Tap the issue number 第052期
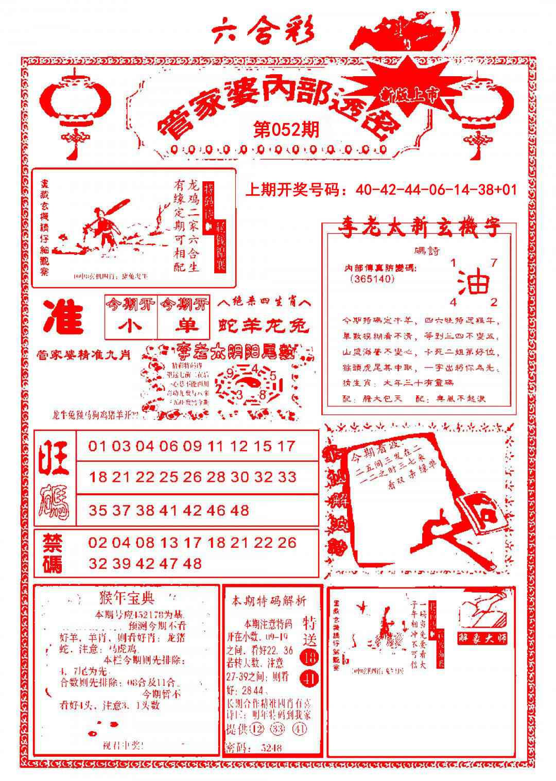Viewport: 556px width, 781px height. pyautogui.click(x=286, y=129)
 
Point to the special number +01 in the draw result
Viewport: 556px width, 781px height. pyautogui.click(x=506, y=190)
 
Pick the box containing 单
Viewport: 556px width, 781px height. pyautogui.click(x=184, y=326)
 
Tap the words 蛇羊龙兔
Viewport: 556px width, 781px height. pyautogui.click(x=264, y=325)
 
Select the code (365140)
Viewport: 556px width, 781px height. pyautogui.click(x=371, y=279)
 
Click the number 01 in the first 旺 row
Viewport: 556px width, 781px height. pyautogui.click(x=97, y=445)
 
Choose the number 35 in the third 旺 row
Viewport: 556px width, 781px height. pyautogui.click(x=97, y=510)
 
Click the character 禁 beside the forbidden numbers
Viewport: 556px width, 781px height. pyautogui.click(x=53, y=543)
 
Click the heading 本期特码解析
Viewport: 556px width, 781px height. pyautogui.click(x=268, y=600)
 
